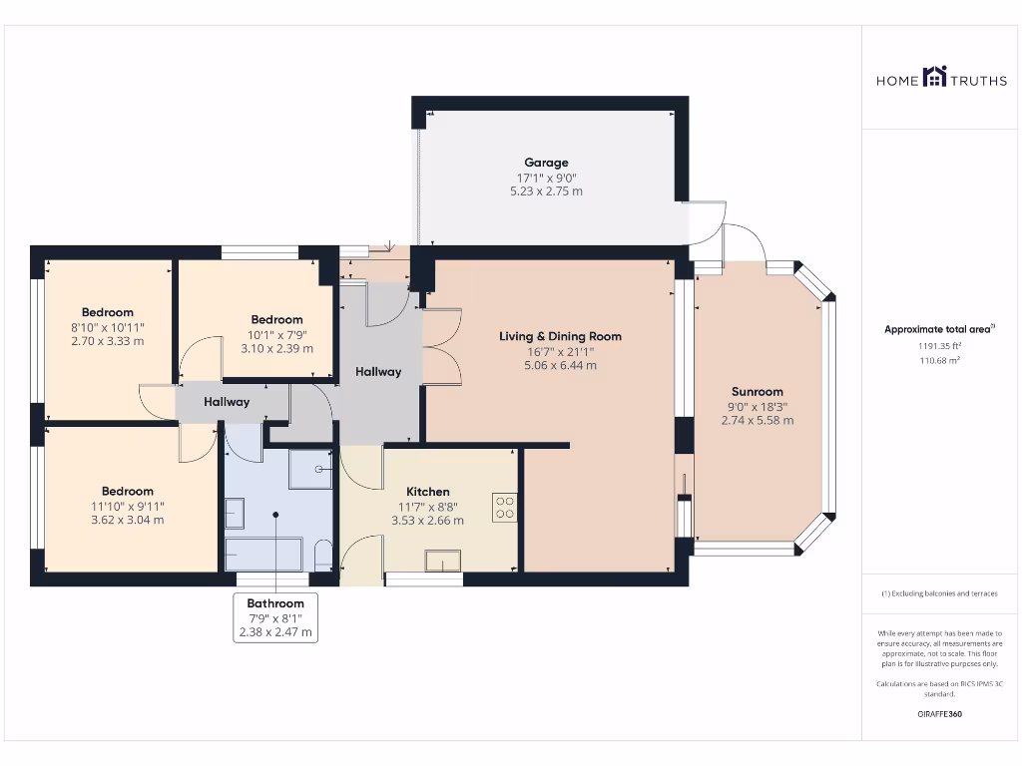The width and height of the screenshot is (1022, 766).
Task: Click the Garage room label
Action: [x=546, y=163]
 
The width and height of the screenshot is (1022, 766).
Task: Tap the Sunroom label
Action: [x=757, y=391]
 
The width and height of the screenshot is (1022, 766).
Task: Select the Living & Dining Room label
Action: [x=560, y=336]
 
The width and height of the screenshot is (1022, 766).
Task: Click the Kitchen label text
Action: [x=427, y=492]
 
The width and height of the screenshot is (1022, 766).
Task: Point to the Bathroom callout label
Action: [x=275, y=616]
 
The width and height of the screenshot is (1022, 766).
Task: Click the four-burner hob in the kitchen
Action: [x=504, y=508]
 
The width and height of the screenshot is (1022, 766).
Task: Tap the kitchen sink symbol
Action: [x=443, y=561]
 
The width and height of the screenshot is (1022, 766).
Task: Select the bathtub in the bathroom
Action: [x=263, y=555]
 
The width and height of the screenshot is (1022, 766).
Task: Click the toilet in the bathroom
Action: [x=322, y=555]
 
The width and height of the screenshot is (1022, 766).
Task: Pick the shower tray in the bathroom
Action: [x=311, y=469]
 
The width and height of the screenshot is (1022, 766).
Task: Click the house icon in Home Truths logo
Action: [x=934, y=76]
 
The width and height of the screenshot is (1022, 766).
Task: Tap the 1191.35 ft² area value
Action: [x=939, y=346]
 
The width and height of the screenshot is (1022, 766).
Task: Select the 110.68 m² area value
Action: [x=939, y=360]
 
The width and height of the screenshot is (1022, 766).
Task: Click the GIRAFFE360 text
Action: [x=939, y=714]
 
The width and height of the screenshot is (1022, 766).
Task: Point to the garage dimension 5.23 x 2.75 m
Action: [x=546, y=191]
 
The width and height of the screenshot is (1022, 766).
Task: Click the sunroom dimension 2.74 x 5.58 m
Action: [x=758, y=420]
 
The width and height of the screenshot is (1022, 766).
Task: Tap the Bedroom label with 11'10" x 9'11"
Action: [x=127, y=491]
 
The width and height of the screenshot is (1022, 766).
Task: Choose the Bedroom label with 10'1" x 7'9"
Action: [x=277, y=320]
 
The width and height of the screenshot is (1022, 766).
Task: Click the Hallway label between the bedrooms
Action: [x=227, y=402]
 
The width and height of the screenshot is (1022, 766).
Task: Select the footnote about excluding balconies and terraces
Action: [x=939, y=593]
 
